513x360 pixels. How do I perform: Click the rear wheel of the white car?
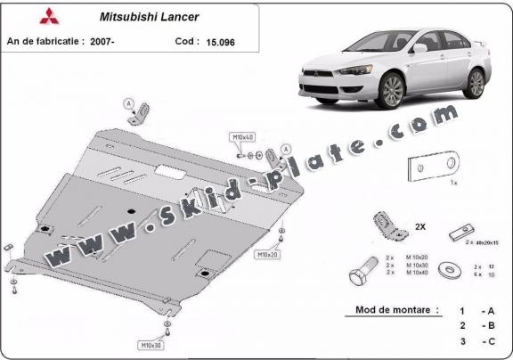tap(475, 82)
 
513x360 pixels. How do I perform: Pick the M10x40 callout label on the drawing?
tap(242, 137)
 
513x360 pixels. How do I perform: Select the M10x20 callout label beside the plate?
tap(268, 255)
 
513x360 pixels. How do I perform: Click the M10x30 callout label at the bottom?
tap(151, 344)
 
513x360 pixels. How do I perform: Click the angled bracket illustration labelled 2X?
tap(388, 230)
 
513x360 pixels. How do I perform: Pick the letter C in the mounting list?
tap(489, 340)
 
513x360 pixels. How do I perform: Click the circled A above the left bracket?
tap(127, 102)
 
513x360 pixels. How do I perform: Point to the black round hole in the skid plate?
tap(130, 210)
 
